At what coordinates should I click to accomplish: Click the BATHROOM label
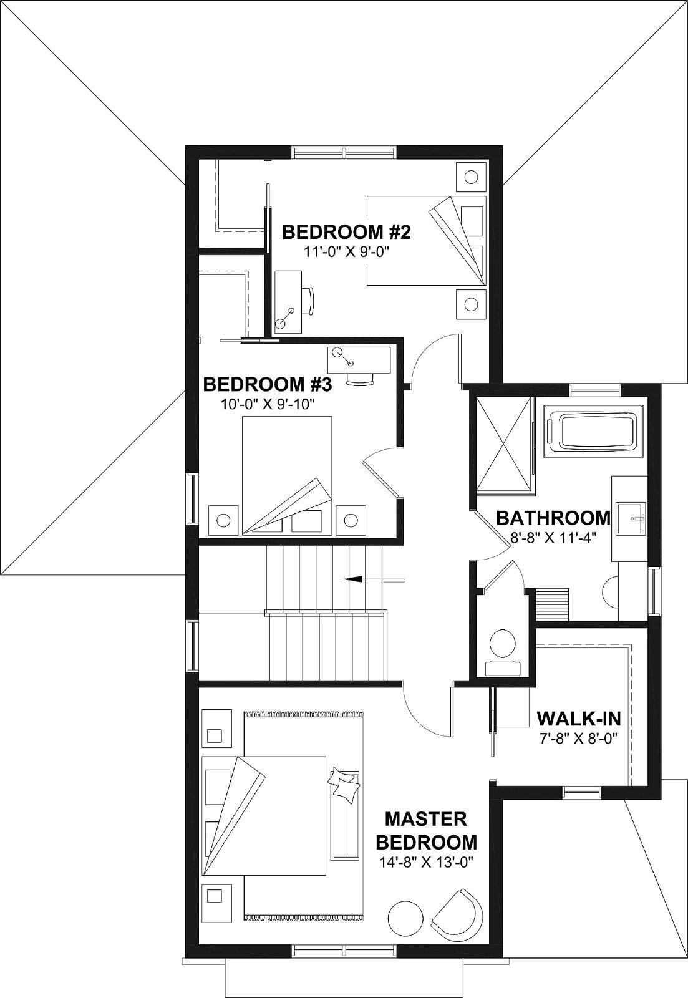tap(553, 518)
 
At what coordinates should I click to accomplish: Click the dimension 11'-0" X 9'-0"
tap(347, 253)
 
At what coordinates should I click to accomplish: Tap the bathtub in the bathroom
tap(594, 431)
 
